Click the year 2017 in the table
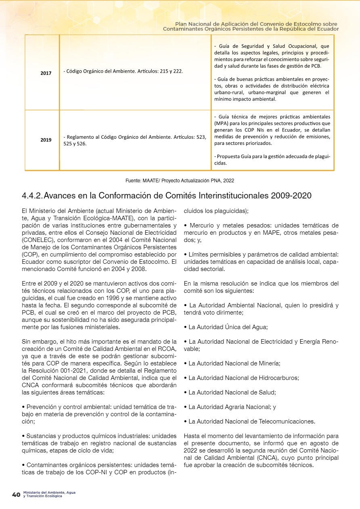click(x=46, y=73)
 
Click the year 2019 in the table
click(x=46, y=140)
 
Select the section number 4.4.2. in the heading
click(x=32, y=196)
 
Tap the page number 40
click(x=16, y=494)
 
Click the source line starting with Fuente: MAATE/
click(x=180, y=181)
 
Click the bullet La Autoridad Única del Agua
click(x=228, y=327)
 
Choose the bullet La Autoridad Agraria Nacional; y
click(x=232, y=407)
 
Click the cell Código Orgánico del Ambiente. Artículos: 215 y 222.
click(x=123, y=71)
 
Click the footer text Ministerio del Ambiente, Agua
click(x=49, y=492)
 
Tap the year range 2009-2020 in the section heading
click(x=290, y=196)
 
